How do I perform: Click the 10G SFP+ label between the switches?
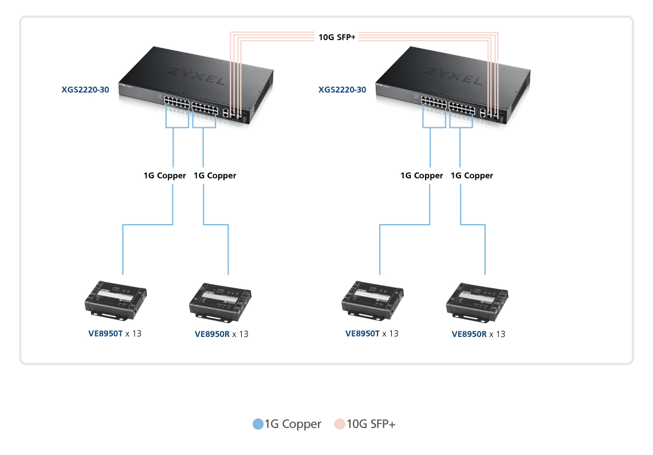pos(337,37)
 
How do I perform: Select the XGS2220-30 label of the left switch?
pos(85,89)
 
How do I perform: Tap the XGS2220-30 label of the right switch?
pos(343,89)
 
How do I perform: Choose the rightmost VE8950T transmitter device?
pos(373,300)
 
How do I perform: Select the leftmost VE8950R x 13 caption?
pos(221,334)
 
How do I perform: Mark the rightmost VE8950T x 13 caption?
pos(372,334)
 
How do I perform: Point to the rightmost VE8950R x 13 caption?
pos(478,334)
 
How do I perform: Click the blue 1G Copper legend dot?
pos(258,425)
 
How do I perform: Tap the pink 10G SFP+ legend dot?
pos(340,425)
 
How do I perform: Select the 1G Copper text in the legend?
pos(293,425)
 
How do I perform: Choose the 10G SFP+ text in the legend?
pos(371,425)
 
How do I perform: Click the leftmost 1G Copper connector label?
pos(165,175)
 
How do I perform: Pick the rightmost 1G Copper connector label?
pos(472,175)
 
